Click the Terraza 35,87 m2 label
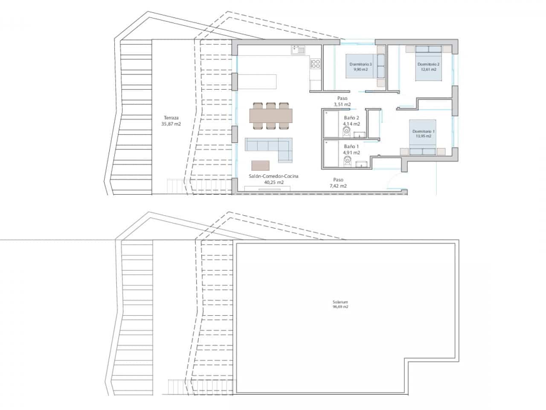pyautogui.click(x=171, y=121)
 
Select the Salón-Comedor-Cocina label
pyautogui.click(x=274, y=179)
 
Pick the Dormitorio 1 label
pyautogui.click(x=423, y=134)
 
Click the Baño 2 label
pyautogui.click(x=351, y=121)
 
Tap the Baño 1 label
pyautogui.click(x=351, y=149)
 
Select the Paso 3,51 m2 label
pyautogui.click(x=342, y=101)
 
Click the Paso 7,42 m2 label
pyautogui.click(x=338, y=183)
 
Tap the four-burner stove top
pyautogui.click(x=316, y=64)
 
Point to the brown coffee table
pyautogui.click(x=261, y=165)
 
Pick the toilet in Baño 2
pyautogui.click(x=346, y=131)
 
